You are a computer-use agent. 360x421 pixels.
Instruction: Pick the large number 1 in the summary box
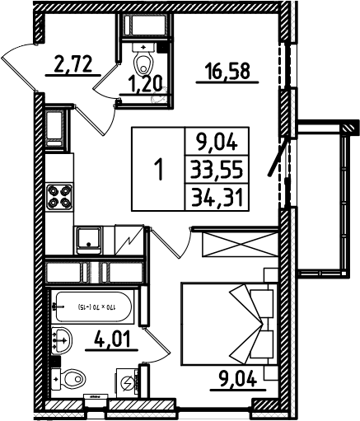click(160, 171)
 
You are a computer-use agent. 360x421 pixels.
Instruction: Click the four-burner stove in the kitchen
click(61, 198)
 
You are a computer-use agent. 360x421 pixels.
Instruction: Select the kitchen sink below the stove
click(87, 239)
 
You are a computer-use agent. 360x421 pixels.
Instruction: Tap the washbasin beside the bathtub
click(61, 338)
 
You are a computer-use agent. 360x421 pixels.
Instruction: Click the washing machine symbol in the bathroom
click(128, 383)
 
